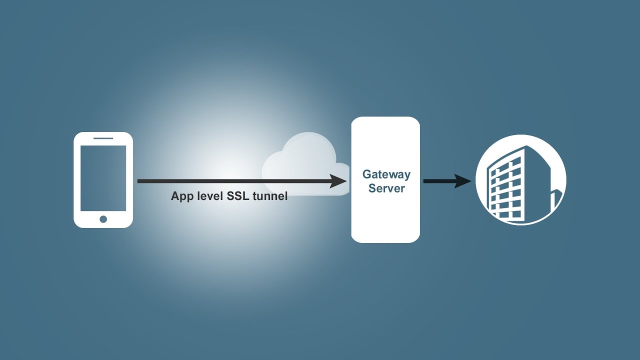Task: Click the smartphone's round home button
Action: click(103, 219)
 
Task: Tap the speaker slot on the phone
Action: click(103, 138)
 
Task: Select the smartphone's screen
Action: click(103, 178)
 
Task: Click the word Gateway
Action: click(386, 174)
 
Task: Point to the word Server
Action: click(386, 188)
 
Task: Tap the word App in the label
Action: click(182, 196)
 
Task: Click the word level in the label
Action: click(209, 196)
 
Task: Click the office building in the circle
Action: click(507, 185)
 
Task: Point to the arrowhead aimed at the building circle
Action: click(463, 181)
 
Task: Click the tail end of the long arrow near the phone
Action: click(140, 181)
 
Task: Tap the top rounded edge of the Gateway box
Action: click(385, 118)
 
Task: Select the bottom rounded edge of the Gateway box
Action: click(385, 241)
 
